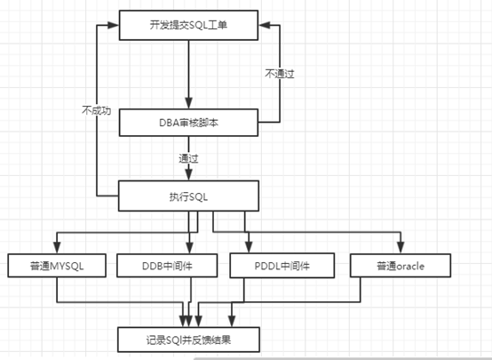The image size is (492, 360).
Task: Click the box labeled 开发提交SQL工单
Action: point(188,25)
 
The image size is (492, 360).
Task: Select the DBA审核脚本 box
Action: point(188,123)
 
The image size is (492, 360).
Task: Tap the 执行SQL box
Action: point(188,196)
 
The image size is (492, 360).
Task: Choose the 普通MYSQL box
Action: point(57,266)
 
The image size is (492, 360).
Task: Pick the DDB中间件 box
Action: point(167,266)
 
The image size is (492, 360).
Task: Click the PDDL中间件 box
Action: point(282,266)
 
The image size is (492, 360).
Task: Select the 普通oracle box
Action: point(401,266)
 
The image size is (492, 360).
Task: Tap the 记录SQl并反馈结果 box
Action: point(188,340)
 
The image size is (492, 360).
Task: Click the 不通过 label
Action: point(280,74)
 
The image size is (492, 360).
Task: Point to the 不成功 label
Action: point(97,110)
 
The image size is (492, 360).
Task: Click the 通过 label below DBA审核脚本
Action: point(188,158)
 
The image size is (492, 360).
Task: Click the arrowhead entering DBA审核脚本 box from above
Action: point(188,103)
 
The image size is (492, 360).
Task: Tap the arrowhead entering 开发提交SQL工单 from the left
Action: point(113,25)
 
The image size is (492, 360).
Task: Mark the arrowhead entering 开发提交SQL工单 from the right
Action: point(265,25)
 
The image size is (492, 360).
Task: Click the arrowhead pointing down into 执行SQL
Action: point(188,174)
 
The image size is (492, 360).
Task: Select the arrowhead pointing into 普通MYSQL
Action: point(57,247)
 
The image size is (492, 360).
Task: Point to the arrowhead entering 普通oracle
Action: point(401,247)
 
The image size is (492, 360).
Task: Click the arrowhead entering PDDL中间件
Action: point(249,247)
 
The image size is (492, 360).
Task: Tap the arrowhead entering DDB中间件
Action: point(189,247)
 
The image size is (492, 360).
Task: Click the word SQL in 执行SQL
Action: point(198,197)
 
